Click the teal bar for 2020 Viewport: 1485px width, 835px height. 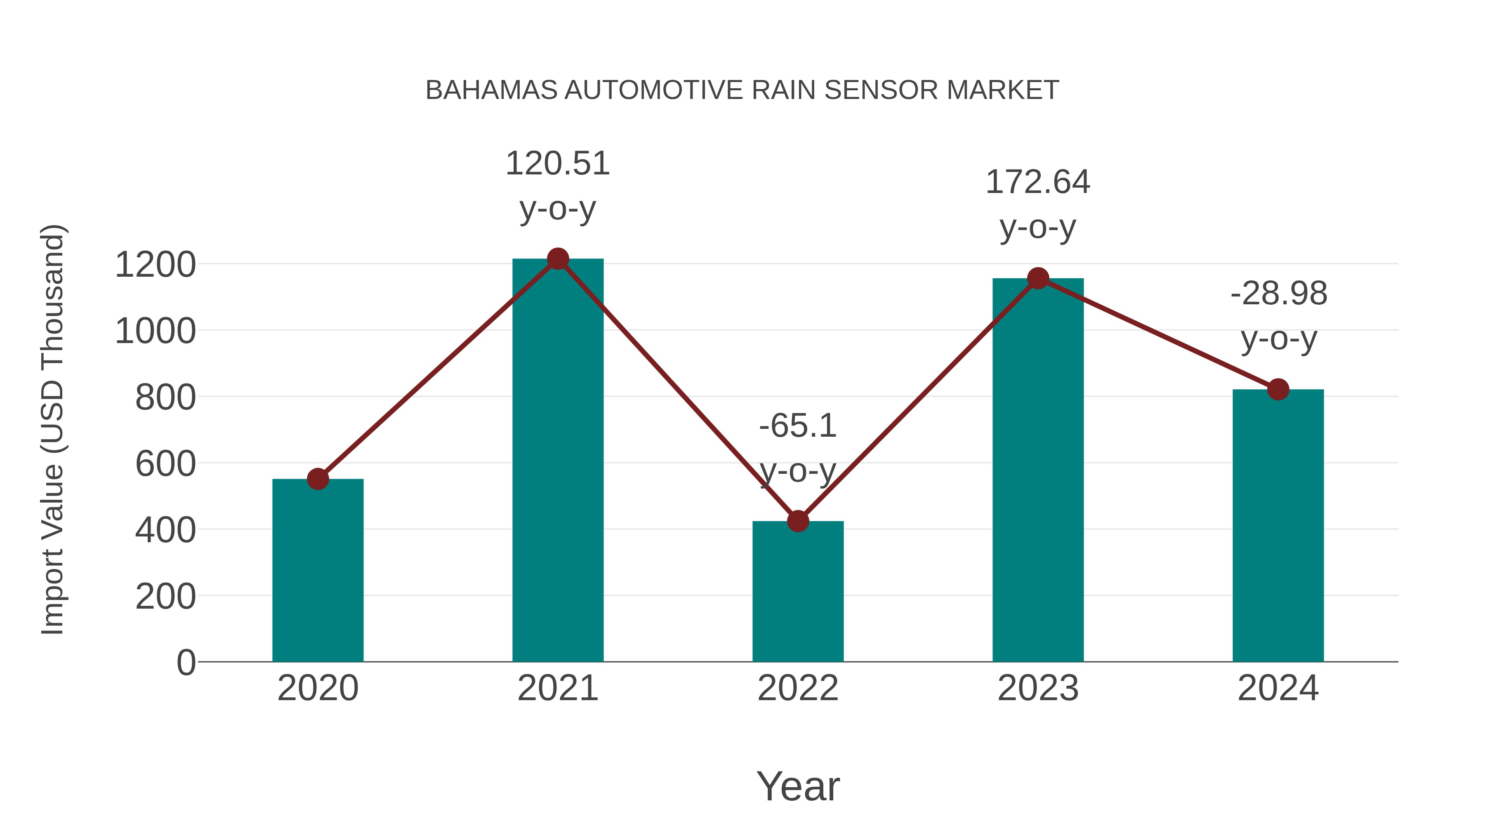point(318,571)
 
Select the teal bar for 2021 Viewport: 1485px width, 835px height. point(557,461)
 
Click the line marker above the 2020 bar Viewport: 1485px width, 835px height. point(318,479)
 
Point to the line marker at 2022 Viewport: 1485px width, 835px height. point(798,521)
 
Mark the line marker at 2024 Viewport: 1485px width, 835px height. point(1278,390)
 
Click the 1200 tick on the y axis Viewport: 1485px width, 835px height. point(155,265)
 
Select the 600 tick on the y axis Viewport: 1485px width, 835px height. point(165,464)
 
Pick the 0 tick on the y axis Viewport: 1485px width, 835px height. point(186,663)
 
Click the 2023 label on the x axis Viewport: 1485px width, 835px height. point(1038,689)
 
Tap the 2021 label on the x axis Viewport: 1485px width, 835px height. point(557,689)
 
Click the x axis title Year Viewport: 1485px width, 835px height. point(798,787)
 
